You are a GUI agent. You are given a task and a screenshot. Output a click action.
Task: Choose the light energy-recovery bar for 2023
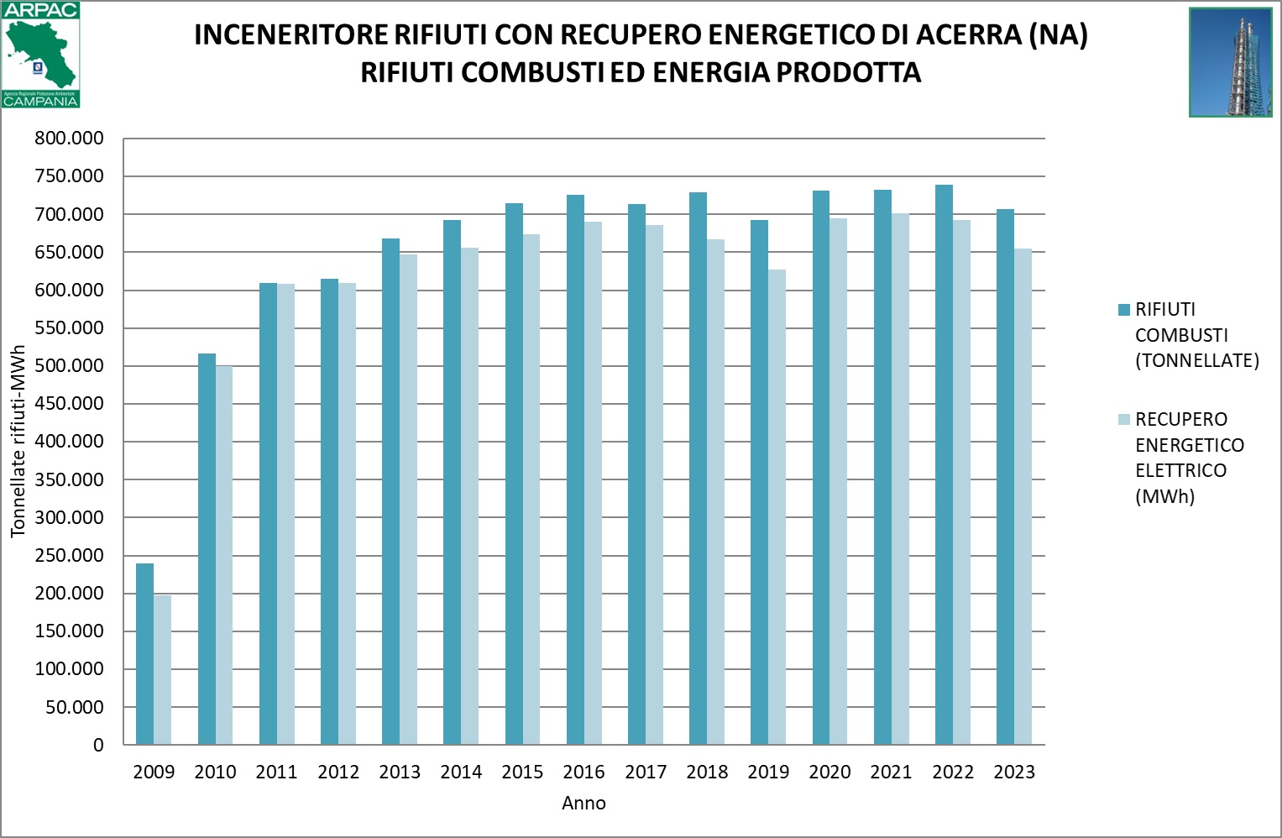[1023, 496]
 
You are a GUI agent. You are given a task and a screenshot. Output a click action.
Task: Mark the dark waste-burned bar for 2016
[575, 469]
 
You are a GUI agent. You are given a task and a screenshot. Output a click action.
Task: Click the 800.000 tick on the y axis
[69, 139]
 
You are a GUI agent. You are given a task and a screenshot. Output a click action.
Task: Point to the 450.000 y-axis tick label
[69, 404]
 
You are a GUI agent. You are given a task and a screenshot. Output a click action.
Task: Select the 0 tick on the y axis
[98, 745]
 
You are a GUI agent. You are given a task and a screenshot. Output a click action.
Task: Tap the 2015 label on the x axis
[522, 773]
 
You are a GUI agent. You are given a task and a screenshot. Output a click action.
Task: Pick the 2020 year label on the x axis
[829, 773]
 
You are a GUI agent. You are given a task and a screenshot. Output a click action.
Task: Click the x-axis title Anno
[583, 804]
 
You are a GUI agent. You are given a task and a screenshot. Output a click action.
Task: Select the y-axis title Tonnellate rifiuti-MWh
[18, 441]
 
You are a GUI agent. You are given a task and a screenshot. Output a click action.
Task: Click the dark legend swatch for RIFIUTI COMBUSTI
[1124, 310]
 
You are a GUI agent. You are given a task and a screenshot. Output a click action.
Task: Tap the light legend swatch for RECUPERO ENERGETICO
[1124, 420]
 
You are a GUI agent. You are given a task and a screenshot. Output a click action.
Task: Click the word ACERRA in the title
[968, 35]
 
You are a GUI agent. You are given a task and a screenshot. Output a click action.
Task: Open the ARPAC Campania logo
[40, 55]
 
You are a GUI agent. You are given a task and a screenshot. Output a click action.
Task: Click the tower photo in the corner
[1230, 62]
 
